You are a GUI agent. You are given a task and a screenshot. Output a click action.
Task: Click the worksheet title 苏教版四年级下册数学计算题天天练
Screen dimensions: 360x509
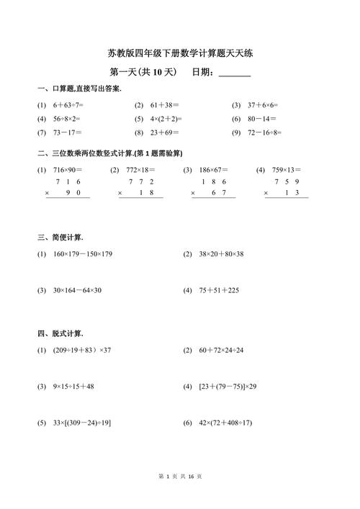[180, 53]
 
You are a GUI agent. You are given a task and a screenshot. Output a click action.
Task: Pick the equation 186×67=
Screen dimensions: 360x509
[214, 170]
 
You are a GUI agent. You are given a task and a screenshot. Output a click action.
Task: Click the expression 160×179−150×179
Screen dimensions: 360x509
[83, 254]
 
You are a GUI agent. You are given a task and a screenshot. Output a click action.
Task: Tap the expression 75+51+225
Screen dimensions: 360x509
[219, 290]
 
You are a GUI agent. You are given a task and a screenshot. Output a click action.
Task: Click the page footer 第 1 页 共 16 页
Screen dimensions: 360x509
[180, 497]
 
